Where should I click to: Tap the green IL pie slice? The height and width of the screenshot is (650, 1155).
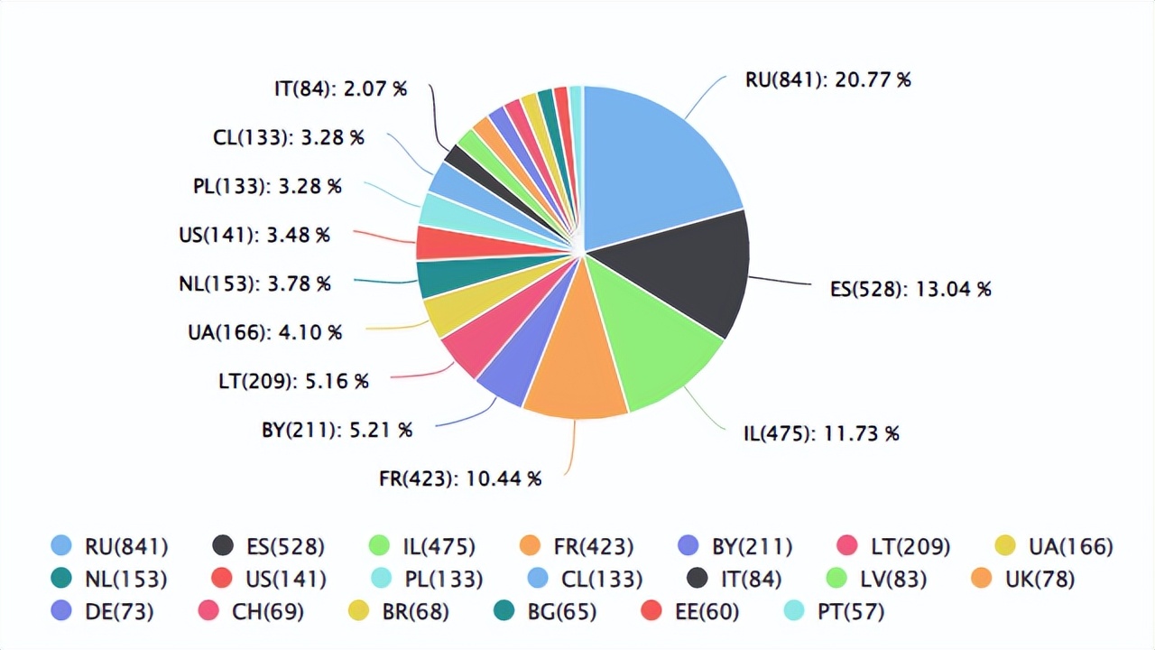659,343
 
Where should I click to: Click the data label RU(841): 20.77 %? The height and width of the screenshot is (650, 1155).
827,79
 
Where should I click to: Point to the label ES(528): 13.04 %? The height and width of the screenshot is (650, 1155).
910,289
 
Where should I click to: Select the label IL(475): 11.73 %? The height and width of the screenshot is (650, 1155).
821,433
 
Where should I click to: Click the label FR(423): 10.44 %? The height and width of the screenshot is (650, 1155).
460,478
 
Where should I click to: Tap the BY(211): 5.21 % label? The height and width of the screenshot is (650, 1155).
337,430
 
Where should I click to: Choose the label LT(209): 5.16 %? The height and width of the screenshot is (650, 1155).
293,381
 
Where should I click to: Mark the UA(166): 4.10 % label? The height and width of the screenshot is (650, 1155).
264,332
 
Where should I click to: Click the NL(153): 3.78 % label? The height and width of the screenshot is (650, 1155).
254,283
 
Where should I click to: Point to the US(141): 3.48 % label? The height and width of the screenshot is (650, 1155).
254,235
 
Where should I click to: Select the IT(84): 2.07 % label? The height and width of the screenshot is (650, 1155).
340,88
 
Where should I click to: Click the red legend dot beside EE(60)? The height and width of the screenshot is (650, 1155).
651,611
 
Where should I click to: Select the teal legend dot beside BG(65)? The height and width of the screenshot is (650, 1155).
504,611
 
